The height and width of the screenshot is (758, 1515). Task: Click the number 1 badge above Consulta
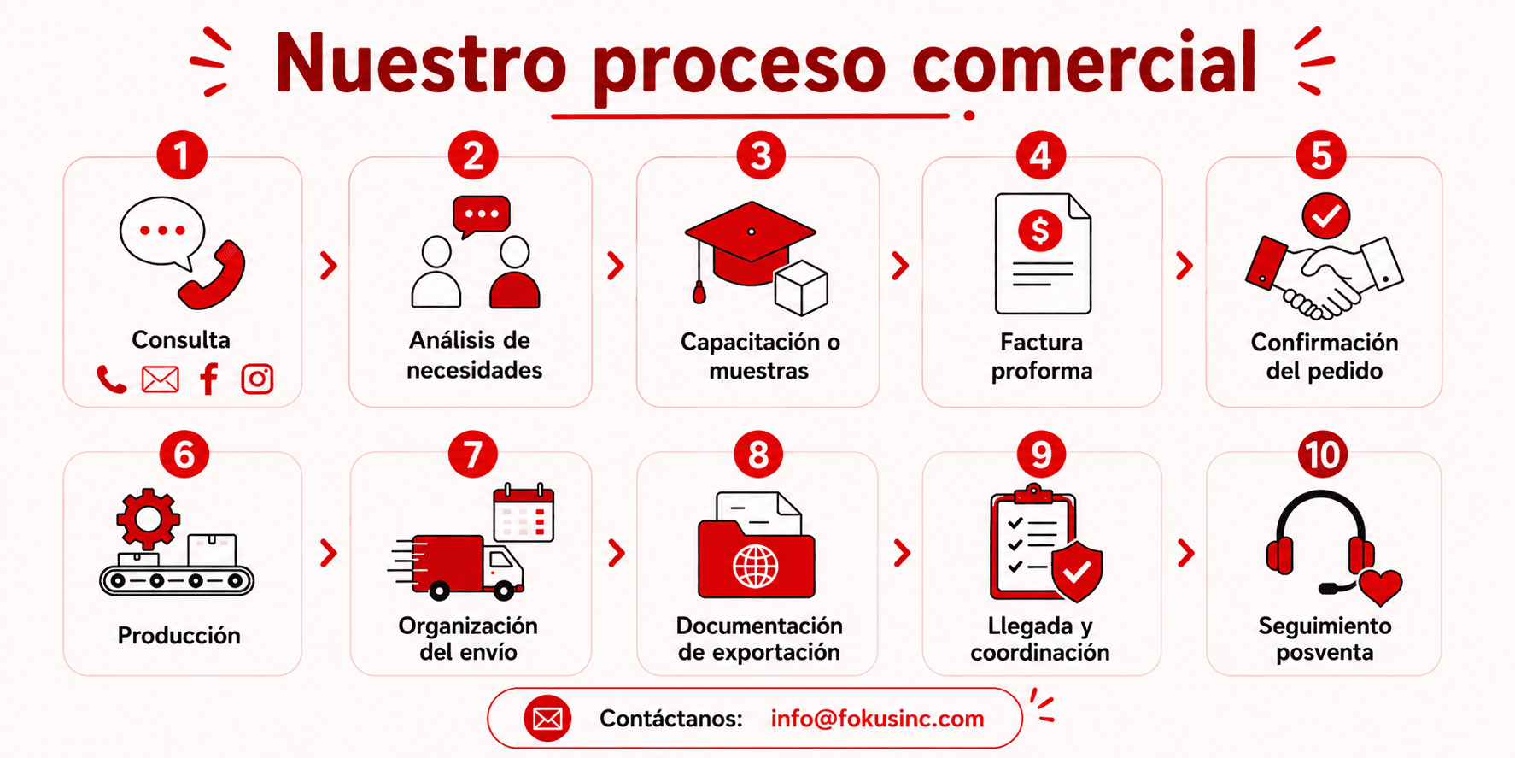181,155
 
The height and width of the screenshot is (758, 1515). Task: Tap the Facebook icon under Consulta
209,379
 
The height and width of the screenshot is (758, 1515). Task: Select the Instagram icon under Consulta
257,379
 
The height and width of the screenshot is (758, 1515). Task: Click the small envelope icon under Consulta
161,379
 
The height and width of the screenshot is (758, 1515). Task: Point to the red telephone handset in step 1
213,275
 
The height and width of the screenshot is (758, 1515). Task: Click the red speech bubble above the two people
481,216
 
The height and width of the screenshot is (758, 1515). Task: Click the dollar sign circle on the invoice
1040,230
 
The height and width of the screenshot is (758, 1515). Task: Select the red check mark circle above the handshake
1325,216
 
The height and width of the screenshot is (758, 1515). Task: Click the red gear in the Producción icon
149,518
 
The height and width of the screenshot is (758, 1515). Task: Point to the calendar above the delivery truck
524,513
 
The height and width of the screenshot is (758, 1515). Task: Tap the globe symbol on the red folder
756,566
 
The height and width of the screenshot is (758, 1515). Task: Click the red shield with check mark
1077,571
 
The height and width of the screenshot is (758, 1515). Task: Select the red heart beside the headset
1380,587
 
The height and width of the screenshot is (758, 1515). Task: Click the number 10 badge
1323,455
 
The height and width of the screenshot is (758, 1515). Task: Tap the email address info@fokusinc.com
877,719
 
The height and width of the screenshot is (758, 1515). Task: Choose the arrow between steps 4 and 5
1184,266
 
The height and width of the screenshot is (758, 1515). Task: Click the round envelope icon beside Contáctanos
547,719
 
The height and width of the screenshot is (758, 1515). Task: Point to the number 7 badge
472,455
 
